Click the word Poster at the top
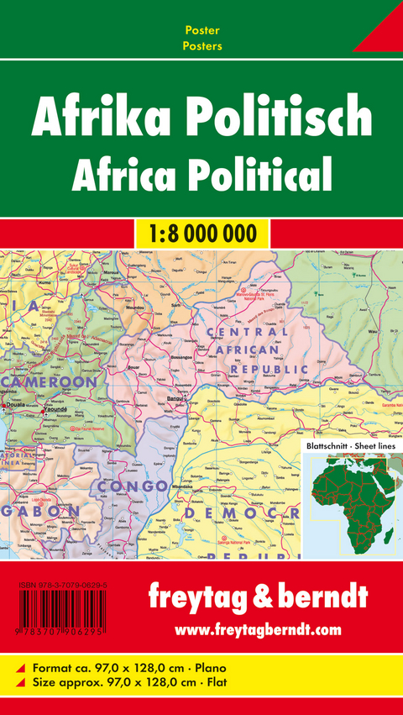pyautogui.click(x=202, y=30)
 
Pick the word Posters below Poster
pyautogui.click(x=202, y=46)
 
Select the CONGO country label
pyautogui.click(x=133, y=486)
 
